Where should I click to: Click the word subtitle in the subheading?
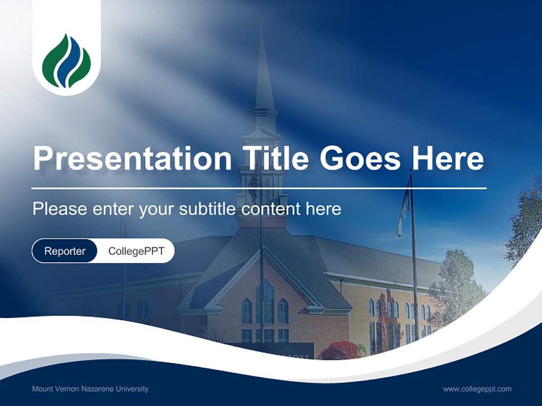coord(208,209)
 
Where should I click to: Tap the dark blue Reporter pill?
coord(65,251)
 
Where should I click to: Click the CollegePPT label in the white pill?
coord(136,251)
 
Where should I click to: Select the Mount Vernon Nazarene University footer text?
coord(90,389)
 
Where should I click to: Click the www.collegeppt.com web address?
coord(477,389)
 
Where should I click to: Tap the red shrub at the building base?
coord(340,351)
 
